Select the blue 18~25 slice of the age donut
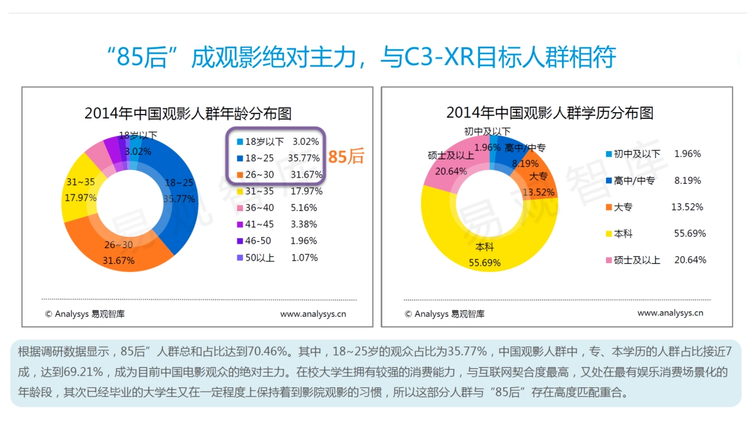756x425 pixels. point(182,189)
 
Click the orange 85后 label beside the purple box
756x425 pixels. point(346,157)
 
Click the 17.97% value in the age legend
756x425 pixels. point(307,191)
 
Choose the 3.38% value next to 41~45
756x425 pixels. point(304,224)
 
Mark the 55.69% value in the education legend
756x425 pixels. point(690,234)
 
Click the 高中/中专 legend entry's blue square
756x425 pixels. point(609,181)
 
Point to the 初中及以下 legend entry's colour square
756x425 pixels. point(609,154)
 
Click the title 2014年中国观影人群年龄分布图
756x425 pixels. point(188,113)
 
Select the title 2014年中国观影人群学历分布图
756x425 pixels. point(549,113)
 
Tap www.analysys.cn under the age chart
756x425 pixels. point(313,314)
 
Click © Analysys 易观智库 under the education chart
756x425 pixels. point(444,314)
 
